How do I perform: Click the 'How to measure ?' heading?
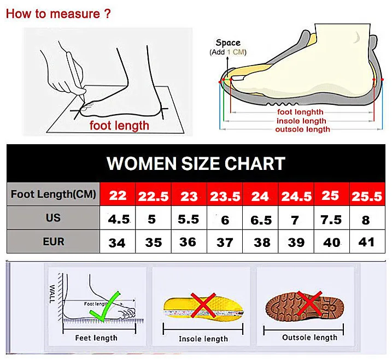coord(58,14)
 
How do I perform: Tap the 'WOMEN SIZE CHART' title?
coord(196,163)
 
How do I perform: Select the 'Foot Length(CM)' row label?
coord(53,194)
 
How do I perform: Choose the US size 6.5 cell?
coord(261,220)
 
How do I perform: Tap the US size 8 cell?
coord(366,220)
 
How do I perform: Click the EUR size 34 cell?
coord(117,243)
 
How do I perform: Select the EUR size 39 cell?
coord(296,243)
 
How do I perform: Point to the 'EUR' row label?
coord(53,241)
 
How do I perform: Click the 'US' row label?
coord(53,218)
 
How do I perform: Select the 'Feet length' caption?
coord(96,338)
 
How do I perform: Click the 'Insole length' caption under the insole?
coord(203,339)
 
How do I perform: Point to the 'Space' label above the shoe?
coord(227,43)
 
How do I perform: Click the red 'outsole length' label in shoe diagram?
coord(302,129)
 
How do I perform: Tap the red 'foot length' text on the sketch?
coord(119,126)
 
